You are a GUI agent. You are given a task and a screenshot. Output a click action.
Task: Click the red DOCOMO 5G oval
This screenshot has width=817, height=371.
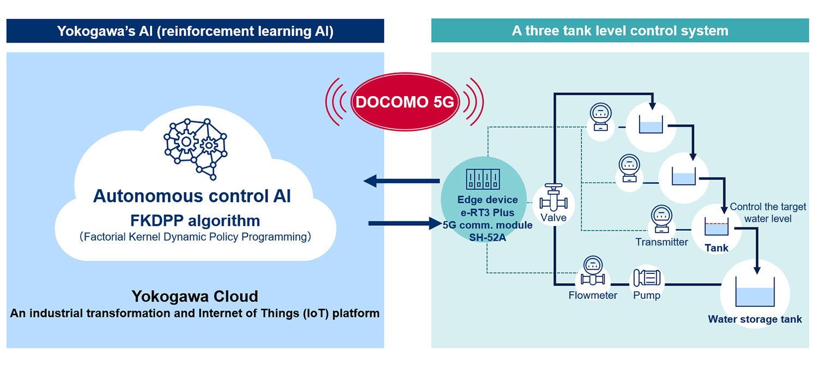tap(404, 102)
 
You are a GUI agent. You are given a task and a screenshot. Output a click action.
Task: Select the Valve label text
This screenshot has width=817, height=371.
tap(553, 218)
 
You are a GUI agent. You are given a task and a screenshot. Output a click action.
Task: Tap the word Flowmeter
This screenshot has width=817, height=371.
tap(593, 295)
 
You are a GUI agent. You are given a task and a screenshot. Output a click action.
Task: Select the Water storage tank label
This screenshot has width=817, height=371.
tap(754, 319)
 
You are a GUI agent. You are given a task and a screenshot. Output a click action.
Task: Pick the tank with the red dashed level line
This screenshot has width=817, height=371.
tap(717, 228)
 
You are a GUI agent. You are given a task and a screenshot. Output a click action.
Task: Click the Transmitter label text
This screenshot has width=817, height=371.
tap(662, 242)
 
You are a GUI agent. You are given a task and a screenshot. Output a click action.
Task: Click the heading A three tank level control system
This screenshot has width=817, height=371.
tap(620, 31)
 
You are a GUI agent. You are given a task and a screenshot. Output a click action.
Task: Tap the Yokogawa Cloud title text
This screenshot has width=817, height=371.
tap(194, 296)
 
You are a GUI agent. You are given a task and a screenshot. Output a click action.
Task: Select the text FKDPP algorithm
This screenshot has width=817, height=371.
tap(195, 221)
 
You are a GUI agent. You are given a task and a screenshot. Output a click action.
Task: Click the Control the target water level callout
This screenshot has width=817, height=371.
tap(768, 213)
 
